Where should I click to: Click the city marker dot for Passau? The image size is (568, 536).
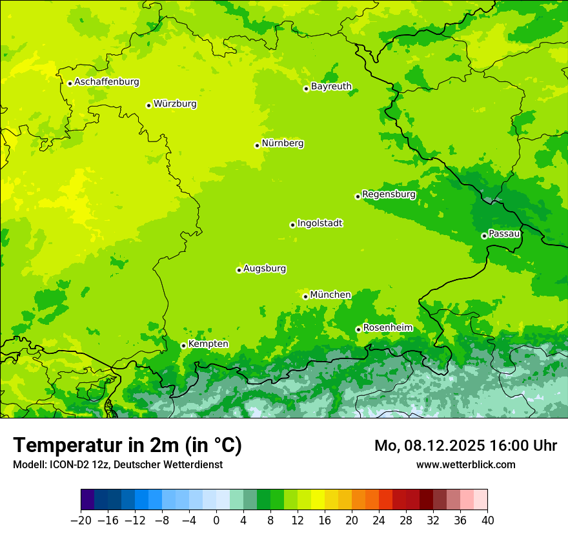click(484, 236)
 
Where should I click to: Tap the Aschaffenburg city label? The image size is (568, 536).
click(107, 82)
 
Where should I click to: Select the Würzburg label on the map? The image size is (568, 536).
click(175, 104)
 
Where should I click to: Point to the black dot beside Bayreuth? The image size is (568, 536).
click(307, 88)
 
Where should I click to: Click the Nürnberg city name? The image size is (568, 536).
click(283, 143)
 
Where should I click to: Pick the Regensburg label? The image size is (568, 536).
click(389, 194)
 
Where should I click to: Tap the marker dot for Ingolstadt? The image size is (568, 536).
click(292, 225)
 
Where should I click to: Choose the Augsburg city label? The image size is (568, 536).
click(265, 269)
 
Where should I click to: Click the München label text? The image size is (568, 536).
click(330, 295)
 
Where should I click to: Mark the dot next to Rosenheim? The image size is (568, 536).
click(358, 329)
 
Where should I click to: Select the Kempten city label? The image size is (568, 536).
click(208, 344)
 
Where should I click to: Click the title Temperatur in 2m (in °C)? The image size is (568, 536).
click(127, 445)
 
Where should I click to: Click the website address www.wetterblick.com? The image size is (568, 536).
click(465, 464)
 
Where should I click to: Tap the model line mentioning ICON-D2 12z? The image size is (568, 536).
click(117, 464)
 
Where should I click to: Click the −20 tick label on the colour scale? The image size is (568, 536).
click(81, 521)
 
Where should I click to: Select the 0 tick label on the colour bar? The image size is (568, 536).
click(216, 521)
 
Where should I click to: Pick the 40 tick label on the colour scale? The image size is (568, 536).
click(487, 521)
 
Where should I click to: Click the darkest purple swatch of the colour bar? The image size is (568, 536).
click(87, 500)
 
